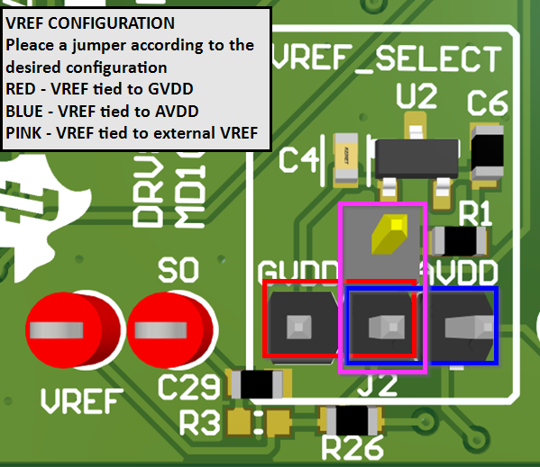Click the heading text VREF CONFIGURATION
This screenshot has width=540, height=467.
(90, 22)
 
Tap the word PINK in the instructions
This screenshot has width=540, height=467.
(23, 134)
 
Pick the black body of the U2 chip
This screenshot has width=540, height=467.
(416, 158)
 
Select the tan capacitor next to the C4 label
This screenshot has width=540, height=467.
(347, 160)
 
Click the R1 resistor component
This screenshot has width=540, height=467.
(460, 240)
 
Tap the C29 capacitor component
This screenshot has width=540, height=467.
(261, 384)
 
